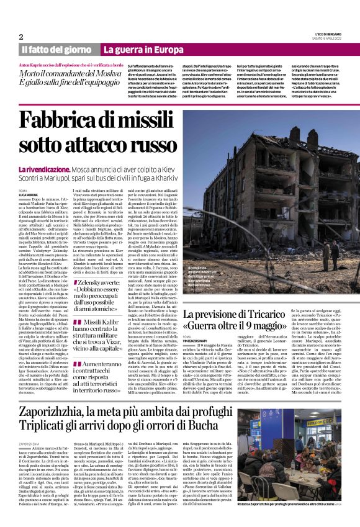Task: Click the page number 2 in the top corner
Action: pos(21,37)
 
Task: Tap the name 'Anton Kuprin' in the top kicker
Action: pos(37,65)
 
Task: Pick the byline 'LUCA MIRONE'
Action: pos(29,195)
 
